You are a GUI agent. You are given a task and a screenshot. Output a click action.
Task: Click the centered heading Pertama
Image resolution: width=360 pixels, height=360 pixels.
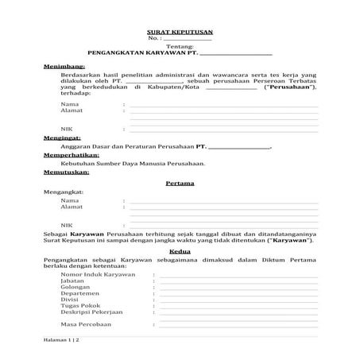pos(180,183)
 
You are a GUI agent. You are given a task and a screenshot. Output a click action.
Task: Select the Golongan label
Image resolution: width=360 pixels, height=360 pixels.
pos(75,288)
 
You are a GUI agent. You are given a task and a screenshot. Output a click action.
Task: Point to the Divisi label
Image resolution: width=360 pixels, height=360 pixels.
pos(70,303)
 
